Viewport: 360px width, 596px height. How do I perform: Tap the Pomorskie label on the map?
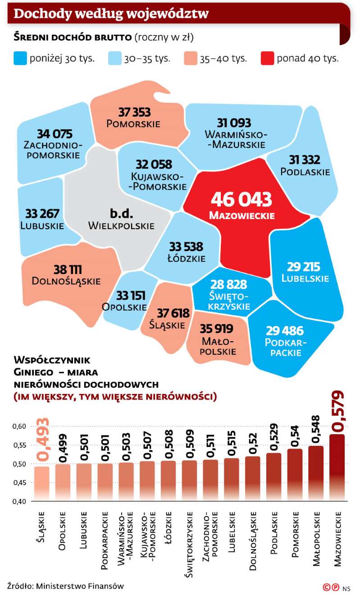point(133,123)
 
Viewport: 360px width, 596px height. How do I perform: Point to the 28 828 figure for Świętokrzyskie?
point(229,284)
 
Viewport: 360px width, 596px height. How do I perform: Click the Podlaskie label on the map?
point(305,172)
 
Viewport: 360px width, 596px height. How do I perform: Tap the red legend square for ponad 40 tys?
point(267,59)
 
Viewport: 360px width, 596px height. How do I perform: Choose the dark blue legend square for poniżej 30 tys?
point(20,59)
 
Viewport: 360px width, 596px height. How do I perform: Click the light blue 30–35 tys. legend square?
point(115,59)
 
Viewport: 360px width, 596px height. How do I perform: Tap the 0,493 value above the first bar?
point(43,440)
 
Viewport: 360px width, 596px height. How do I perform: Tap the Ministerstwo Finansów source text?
point(80,586)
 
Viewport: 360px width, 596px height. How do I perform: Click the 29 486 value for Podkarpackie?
point(284,330)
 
